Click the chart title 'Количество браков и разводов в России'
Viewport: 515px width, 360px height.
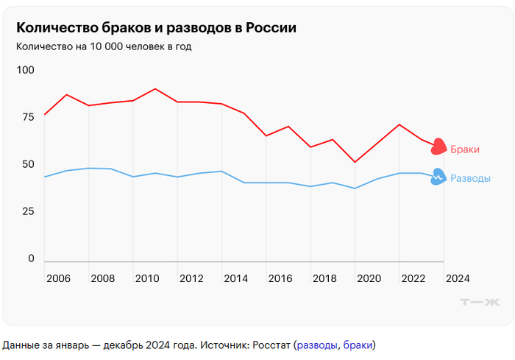pyautogui.click(x=157, y=28)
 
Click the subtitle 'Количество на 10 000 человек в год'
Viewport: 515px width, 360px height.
pyautogui.click(x=109, y=46)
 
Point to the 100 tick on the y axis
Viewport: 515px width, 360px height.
pyautogui.click(x=26, y=70)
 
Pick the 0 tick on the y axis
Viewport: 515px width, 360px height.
pyautogui.click(x=31, y=258)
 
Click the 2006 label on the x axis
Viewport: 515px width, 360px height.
pyautogui.click(x=58, y=278)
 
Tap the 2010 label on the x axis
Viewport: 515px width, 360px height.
pyautogui.click(x=147, y=278)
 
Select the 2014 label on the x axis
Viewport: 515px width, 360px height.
pyautogui.click(x=235, y=278)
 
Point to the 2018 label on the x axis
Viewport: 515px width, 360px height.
pyautogui.click(x=324, y=278)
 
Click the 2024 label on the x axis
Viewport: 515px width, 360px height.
pyautogui.click(x=457, y=278)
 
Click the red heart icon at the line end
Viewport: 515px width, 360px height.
pyautogui.click(x=438, y=147)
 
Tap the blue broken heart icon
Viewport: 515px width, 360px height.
pyautogui.click(x=438, y=177)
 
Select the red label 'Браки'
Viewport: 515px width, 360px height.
pyautogui.click(x=465, y=149)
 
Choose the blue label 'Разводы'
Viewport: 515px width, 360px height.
pyautogui.click(x=470, y=178)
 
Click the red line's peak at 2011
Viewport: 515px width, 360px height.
pyautogui.click(x=155, y=89)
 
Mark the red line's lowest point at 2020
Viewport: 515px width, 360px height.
pyautogui.click(x=355, y=162)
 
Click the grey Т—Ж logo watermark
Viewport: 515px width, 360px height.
pyautogui.click(x=479, y=302)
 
